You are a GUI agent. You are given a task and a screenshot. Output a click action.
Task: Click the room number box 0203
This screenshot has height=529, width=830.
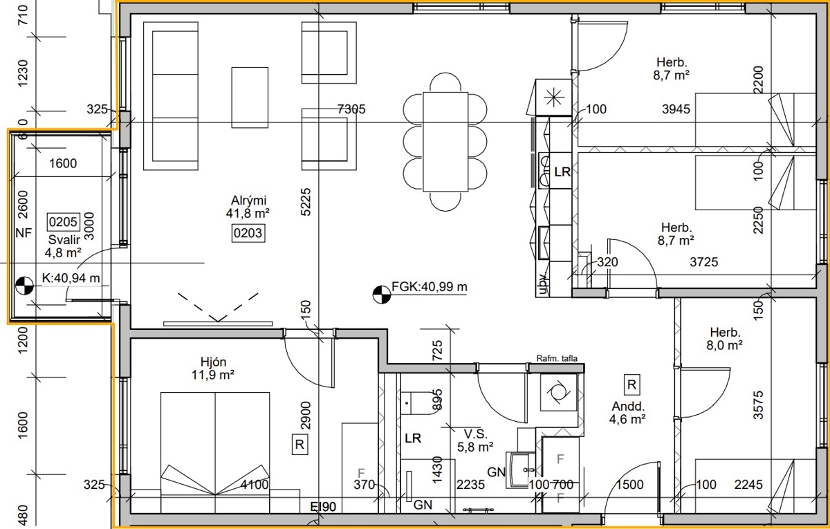pyautogui.click(x=248, y=233)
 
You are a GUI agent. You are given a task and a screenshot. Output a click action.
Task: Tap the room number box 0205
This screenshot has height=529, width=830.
pyautogui.click(x=63, y=222)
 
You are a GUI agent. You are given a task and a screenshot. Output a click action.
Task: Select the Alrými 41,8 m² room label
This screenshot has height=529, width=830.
pyautogui.click(x=248, y=207)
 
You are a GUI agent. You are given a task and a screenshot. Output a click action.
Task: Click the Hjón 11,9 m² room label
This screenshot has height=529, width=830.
pyautogui.click(x=213, y=368)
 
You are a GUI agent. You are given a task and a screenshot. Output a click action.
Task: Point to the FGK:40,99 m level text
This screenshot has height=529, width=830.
pyautogui.click(x=430, y=287)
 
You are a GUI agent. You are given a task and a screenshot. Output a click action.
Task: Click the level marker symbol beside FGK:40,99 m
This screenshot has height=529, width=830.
pyautogui.click(x=382, y=295)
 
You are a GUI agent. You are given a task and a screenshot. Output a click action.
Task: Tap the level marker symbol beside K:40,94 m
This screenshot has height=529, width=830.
pyautogui.click(x=24, y=286)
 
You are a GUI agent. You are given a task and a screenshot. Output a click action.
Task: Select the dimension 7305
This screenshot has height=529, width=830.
pyautogui.click(x=351, y=109)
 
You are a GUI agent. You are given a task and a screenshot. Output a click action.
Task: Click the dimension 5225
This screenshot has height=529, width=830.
pyautogui.click(x=306, y=202)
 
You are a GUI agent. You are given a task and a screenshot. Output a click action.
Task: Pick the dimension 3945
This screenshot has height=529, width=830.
pyautogui.click(x=676, y=109)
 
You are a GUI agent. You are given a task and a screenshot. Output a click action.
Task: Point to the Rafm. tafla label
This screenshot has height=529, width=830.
pyautogui.click(x=557, y=358)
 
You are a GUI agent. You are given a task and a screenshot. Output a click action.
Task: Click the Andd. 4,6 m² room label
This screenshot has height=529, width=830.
pyautogui.click(x=628, y=413)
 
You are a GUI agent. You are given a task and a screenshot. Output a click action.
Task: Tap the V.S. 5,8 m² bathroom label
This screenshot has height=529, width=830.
pyautogui.click(x=475, y=440)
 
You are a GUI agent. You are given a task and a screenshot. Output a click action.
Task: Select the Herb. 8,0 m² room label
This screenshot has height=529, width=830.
pyautogui.click(x=724, y=339)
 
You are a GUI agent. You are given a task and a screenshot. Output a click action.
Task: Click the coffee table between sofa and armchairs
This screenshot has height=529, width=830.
pyautogui.click(x=250, y=98)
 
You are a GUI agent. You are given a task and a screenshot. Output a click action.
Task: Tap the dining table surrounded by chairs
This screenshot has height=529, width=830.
pyautogui.click(x=445, y=142)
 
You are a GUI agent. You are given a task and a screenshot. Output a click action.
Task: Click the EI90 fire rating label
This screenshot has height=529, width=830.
pyautogui.click(x=323, y=506)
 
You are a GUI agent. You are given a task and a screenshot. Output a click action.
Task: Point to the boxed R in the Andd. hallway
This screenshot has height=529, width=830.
pyautogui.click(x=631, y=384)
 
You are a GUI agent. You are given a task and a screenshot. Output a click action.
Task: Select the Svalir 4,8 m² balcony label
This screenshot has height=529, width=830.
pyautogui.click(x=64, y=246)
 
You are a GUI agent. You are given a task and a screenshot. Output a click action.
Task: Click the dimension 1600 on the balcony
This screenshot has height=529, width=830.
pyautogui.click(x=63, y=163)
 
